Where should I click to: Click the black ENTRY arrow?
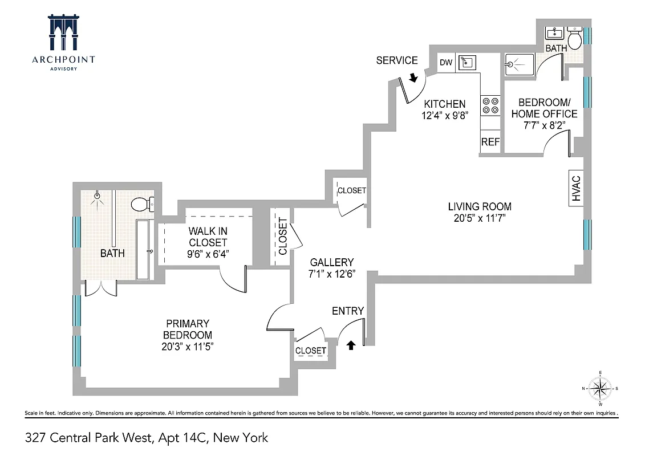tap(351, 345)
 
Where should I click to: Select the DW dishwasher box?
tap(445, 63)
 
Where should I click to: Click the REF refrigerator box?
tap(490, 142)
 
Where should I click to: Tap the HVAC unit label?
tap(575, 188)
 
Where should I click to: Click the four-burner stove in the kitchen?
tap(490, 105)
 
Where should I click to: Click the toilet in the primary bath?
tap(141, 204)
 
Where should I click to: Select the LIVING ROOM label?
tap(479, 206)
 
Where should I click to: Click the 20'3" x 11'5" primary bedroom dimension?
tap(188, 346)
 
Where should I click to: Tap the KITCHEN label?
tap(444, 104)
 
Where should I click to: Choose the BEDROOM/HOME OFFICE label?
tap(543, 108)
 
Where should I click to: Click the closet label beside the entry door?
tap(311, 351)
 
